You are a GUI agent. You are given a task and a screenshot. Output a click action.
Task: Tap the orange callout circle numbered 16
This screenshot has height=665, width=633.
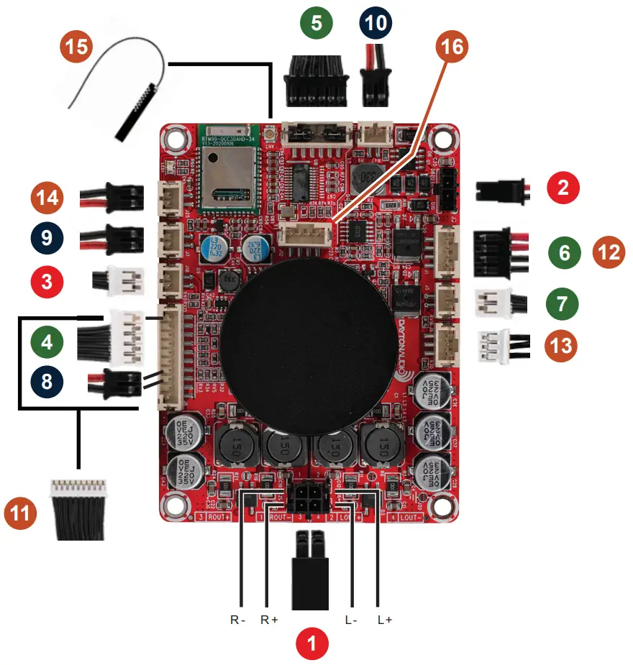[451, 47]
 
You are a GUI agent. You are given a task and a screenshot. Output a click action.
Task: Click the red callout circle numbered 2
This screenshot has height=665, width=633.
[563, 189]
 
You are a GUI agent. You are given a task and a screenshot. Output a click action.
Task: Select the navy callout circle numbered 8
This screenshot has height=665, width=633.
[47, 380]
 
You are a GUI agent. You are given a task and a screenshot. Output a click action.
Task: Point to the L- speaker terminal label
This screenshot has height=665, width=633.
[350, 620]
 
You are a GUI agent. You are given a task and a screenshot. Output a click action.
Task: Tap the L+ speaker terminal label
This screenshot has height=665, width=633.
[384, 620]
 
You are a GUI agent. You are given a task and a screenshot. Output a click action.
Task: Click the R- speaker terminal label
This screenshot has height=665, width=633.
[238, 620]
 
